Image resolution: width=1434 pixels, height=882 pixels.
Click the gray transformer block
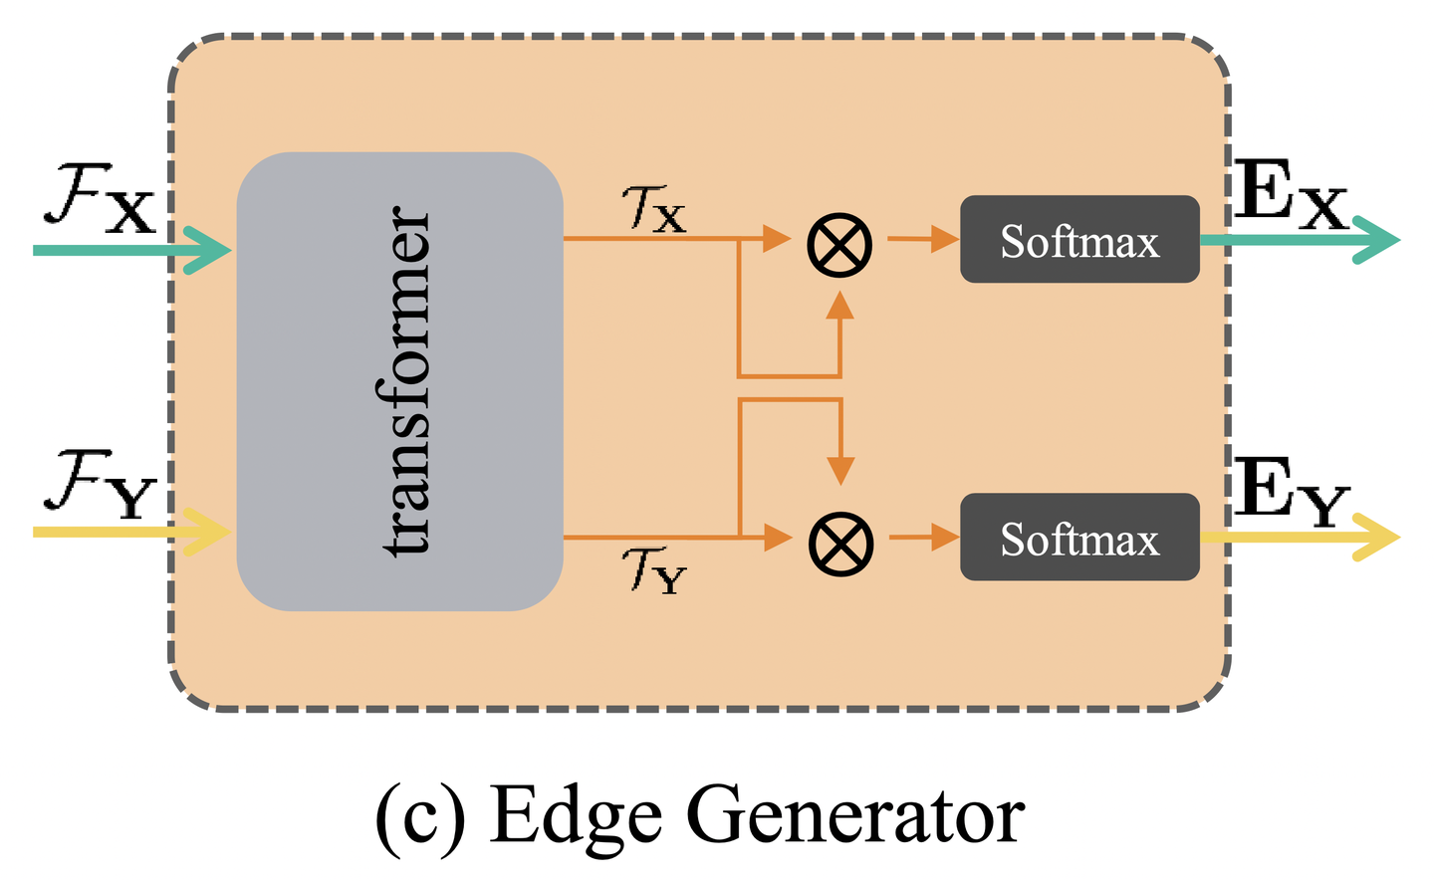(399, 380)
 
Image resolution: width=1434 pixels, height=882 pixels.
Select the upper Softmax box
(1079, 240)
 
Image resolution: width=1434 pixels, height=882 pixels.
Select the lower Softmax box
(1079, 538)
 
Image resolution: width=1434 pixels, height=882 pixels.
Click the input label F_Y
(100, 489)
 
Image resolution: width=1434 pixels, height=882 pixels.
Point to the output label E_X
(1291, 195)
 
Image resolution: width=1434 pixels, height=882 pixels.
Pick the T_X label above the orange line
(653, 209)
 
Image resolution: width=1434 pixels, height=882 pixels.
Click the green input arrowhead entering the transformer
(209, 250)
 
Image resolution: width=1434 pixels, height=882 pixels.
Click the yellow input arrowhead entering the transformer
(209, 532)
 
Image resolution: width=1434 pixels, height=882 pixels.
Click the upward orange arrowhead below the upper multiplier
(840, 306)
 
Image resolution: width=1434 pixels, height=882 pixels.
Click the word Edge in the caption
(576, 816)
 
